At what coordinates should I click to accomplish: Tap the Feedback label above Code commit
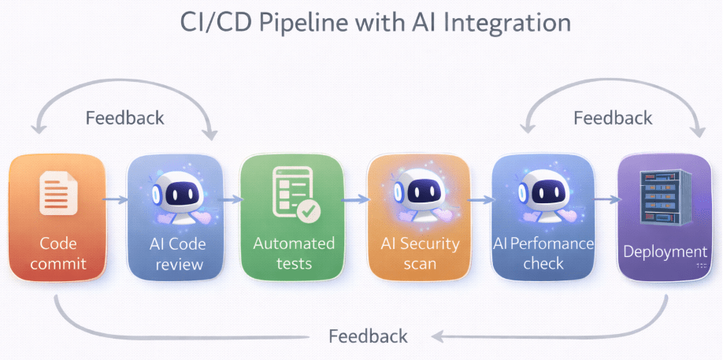(124, 118)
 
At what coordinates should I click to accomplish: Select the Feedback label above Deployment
(613, 118)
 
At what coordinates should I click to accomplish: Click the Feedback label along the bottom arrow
(368, 336)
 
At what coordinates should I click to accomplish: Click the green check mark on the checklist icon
(307, 210)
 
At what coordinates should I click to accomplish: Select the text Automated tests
(294, 253)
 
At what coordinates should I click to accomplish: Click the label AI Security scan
(420, 253)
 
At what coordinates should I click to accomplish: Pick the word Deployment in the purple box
(665, 252)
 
